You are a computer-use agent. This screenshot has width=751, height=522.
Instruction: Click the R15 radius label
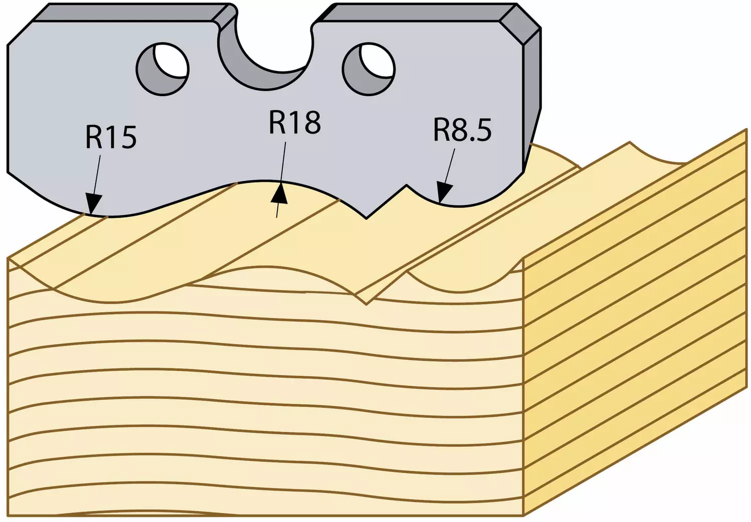click(x=111, y=137)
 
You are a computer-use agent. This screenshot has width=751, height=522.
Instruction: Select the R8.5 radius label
click(x=462, y=130)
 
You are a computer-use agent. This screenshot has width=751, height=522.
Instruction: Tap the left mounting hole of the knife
click(x=163, y=70)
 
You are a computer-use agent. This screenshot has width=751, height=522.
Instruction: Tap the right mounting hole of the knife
click(x=368, y=70)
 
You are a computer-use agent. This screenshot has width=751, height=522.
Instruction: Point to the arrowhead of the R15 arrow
click(x=93, y=204)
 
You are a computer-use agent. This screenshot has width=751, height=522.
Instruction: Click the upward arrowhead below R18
click(x=279, y=193)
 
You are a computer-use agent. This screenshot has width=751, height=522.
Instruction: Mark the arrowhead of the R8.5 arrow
click(x=444, y=193)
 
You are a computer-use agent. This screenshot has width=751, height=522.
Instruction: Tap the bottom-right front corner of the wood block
click(x=524, y=515)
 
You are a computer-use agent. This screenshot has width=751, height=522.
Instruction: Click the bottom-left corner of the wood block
click(x=8, y=515)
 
